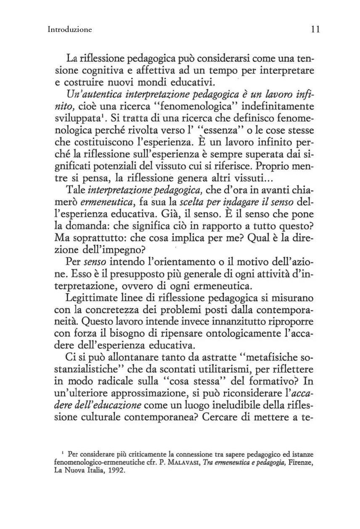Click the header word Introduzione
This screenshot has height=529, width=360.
70,29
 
